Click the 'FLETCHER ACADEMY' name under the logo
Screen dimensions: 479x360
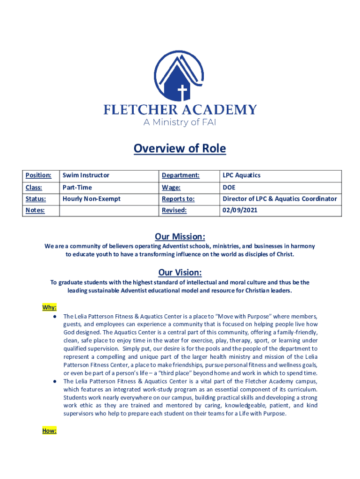pyautogui.click(x=180, y=110)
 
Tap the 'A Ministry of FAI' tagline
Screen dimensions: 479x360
pyautogui.click(x=180, y=123)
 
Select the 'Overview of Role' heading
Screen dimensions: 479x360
pyautogui.click(x=180, y=149)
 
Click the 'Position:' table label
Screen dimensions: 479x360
pyautogui.click(x=38, y=175)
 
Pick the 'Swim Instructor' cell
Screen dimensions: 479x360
pyautogui.click(x=86, y=175)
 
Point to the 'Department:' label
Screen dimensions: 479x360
pyautogui.click(x=180, y=175)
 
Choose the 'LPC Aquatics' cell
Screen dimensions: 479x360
pyautogui.click(x=241, y=175)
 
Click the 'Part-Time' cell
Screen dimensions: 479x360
pyautogui.click(x=77, y=187)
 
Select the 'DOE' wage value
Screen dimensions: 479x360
pyautogui.click(x=229, y=187)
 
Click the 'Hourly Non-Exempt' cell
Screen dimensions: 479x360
pyautogui.click(x=92, y=199)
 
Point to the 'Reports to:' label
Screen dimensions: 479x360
pyautogui.click(x=178, y=199)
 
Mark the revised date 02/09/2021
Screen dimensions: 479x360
pyautogui.click(x=240, y=210)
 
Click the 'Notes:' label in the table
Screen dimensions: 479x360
pyautogui.click(x=36, y=210)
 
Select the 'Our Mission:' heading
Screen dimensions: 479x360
pyautogui.click(x=180, y=236)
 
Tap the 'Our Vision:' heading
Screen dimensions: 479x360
pyautogui.click(x=180, y=273)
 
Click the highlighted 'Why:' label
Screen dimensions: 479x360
pyautogui.click(x=50, y=307)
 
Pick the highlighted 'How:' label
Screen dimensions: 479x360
pyautogui.click(x=50, y=431)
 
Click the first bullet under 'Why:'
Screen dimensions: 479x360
pyautogui.click(x=55, y=316)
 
